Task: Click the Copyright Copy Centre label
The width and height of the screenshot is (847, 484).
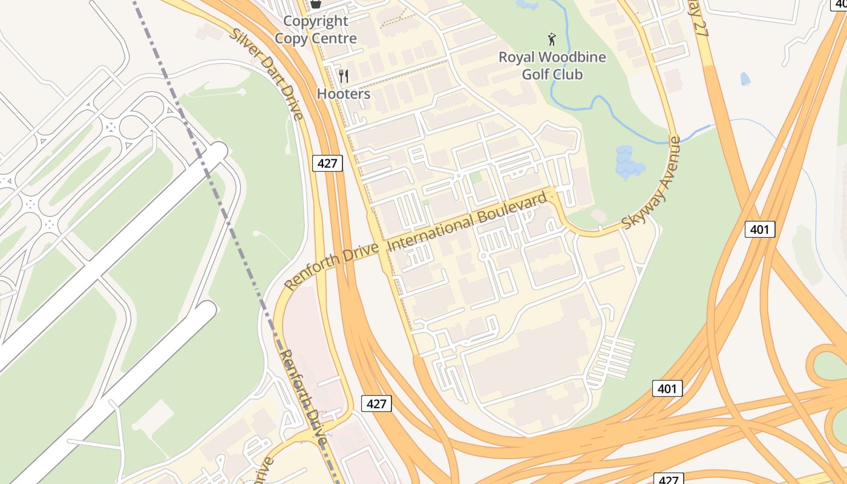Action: [315, 30]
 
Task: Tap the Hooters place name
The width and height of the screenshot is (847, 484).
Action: [344, 94]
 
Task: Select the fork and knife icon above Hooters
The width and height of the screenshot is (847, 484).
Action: [344, 76]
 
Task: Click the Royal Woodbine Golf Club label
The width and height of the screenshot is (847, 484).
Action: [552, 65]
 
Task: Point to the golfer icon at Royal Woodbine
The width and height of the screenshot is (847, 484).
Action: [551, 40]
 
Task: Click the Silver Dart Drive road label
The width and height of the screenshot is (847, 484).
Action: [267, 73]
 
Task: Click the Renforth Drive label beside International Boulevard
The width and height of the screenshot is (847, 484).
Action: [332, 266]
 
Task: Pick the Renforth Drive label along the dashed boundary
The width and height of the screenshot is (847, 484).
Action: [303, 397]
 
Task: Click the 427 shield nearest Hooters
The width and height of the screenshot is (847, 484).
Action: [327, 163]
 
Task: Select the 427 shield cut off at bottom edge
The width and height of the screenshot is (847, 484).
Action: [669, 479]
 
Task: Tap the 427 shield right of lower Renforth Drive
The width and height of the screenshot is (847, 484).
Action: [376, 404]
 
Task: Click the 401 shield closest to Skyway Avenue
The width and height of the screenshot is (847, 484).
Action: [759, 229]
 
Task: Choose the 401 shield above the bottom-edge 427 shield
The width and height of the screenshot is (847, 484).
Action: [667, 388]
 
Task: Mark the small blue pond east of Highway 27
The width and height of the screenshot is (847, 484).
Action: [745, 79]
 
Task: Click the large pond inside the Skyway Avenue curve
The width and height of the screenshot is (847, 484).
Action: [628, 162]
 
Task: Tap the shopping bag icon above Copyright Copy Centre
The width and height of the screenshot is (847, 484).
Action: [315, 4]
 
